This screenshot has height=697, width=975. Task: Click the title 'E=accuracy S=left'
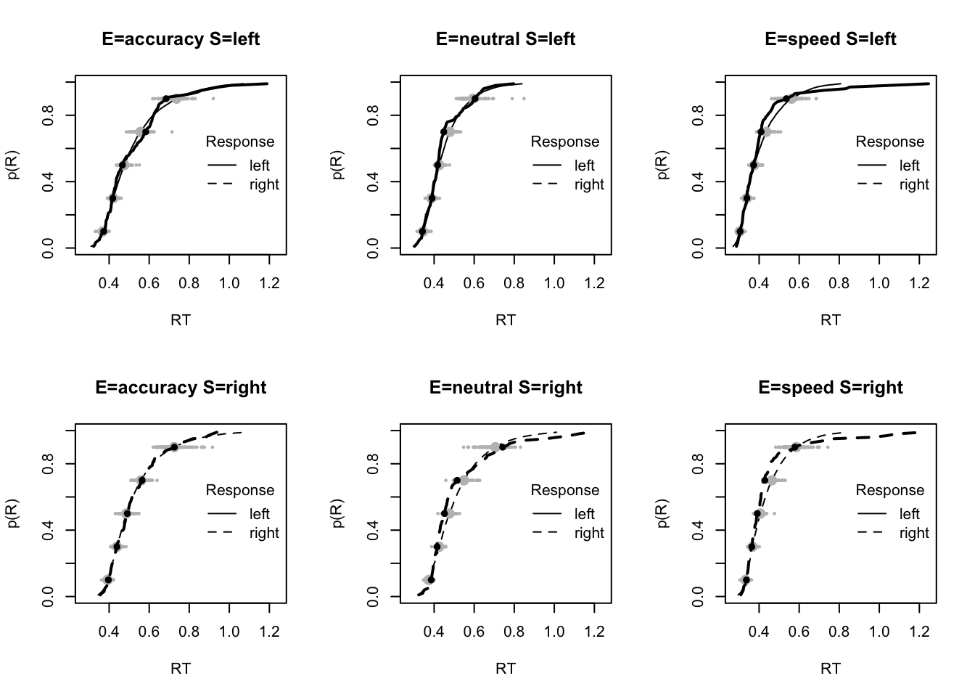click(x=181, y=39)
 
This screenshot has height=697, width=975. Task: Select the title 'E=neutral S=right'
click(x=506, y=388)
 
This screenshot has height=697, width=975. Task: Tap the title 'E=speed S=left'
click(x=831, y=39)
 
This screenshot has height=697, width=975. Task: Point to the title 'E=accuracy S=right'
click(x=181, y=388)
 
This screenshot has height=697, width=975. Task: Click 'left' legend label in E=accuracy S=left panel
click(x=259, y=166)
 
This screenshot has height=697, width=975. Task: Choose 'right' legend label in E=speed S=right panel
click(x=913, y=533)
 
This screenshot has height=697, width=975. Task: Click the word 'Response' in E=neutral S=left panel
click(x=565, y=142)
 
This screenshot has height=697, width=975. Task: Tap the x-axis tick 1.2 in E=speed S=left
click(x=919, y=282)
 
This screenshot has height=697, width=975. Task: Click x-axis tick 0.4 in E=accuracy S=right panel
click(x=110, y=631)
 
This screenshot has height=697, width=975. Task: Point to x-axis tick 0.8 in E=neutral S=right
click(x=514, y=631)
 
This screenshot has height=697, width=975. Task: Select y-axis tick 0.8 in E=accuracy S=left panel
click(x=49, y=115)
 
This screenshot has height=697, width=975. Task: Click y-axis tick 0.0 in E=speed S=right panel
click(x=699, y=597)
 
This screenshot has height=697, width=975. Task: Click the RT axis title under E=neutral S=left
click(x=506, y=319)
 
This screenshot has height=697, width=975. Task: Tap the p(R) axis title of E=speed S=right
click(x=663, y=513)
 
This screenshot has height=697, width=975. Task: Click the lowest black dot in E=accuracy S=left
click(x=103, y=232)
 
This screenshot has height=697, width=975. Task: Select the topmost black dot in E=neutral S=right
click(x=503, y=447)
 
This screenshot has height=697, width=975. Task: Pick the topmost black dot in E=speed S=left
click(x=786, y=99)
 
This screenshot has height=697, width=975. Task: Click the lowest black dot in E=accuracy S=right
click(x=108, y=580)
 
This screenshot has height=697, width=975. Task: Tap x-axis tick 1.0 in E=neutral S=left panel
click(x=554, y=282)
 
